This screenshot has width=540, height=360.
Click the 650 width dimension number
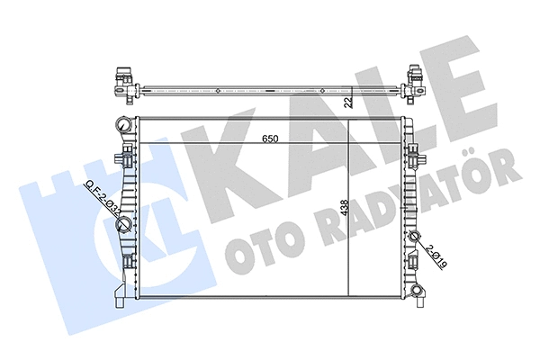click(269, 139)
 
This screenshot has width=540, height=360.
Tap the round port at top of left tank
click(122, 121)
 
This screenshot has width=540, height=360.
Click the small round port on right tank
click(416, 238)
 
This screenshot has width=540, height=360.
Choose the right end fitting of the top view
click(416, 83)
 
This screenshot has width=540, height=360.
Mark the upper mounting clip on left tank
click(127, 159)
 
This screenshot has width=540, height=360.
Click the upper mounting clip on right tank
click(414, 159)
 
